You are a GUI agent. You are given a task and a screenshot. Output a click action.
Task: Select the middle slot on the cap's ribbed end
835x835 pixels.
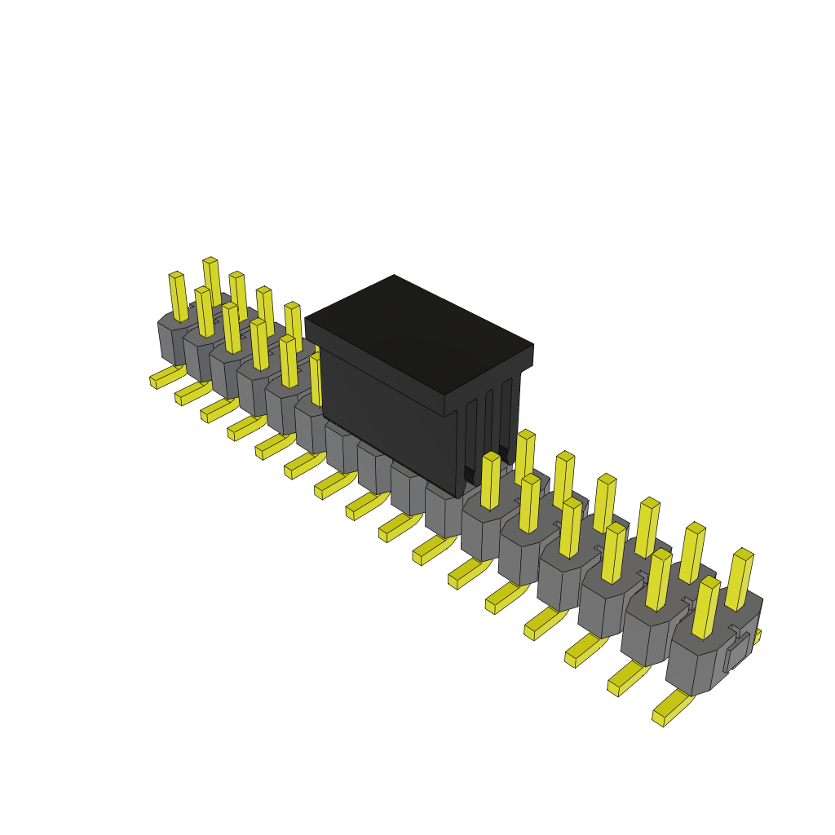(x=488, y=432)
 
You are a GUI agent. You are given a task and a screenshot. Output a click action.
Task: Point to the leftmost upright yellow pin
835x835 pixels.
(x=179, y=297)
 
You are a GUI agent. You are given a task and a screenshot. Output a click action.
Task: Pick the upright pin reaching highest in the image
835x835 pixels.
(x=211, y=281)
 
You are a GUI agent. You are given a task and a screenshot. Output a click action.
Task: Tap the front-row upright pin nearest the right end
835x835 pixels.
(x=705, y=607)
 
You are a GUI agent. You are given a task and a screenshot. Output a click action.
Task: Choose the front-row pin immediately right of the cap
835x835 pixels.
(x=490, y=481)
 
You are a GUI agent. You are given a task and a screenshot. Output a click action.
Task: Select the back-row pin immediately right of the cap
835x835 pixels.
(x=524, y=457)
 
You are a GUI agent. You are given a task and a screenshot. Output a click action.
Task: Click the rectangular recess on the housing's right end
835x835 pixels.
(x=736, y=653)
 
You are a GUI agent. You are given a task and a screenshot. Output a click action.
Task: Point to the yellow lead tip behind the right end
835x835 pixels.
(x=757, y=636)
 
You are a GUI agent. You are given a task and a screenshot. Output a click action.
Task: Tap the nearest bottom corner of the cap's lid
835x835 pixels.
(x=444, y=406)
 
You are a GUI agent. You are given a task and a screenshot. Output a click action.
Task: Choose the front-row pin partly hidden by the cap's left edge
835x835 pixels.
(x=316, y=379)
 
